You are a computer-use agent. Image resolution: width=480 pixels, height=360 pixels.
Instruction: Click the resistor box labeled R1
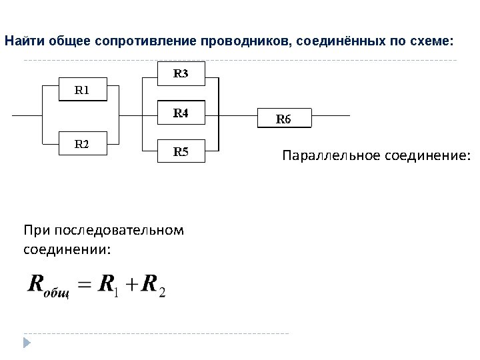(83, 90)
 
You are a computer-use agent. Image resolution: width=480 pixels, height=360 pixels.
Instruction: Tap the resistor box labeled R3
(181, 74)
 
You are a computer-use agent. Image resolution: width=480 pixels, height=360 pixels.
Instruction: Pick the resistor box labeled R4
(181, 113)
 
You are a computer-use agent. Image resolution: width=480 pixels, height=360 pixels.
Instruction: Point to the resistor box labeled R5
(181, 152)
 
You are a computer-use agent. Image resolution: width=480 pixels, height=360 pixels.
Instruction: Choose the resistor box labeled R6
(283, 119)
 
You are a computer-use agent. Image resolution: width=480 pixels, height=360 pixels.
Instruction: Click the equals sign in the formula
(83, 285)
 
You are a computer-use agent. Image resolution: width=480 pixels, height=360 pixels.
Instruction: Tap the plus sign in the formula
(131, 285)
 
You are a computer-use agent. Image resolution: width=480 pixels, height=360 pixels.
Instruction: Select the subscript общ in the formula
(56, 294)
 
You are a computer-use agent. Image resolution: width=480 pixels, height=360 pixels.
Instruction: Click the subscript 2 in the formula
(162, 293)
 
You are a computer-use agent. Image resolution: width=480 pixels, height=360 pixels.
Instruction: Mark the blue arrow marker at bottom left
(27, 343)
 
